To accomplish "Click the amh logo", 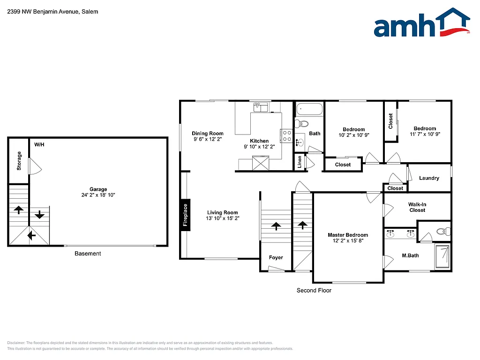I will (x=421, y=23).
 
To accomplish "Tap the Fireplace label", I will (x=186, y=215).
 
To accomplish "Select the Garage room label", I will (x=98, y=189).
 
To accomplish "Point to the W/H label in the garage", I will (x=39, y=144).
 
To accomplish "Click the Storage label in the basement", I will (x=19, y=160).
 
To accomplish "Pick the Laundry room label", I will (x=429, y=178).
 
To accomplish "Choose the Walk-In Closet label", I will (x=417, y=207).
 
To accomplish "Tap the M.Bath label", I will (x=410, y=255).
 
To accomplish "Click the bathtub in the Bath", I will (x=309, y=110).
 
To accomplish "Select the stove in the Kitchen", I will (x=286, y=136).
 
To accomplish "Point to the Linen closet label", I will (x=300, y=161).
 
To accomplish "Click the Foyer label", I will (x=276, y=257).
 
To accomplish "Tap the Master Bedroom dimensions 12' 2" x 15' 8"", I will (x=347, y=241).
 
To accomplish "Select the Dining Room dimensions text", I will (x=208, y=139).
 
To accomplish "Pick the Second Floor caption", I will (x=314, y=291).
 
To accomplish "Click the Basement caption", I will (x=88, y=254).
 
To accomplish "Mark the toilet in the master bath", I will (x=442, y=231).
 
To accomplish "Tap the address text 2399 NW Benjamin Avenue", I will (x=52, y=12).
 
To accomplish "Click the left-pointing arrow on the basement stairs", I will (x=31, y=235).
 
